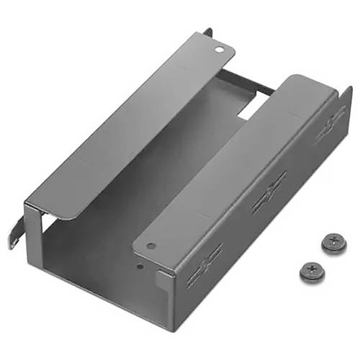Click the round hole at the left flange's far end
pyautogui.click(x=219, y=50)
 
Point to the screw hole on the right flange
pyautogui.click(x=150, y=246)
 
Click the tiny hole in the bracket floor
pyautogui.click(x=141, y=264)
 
